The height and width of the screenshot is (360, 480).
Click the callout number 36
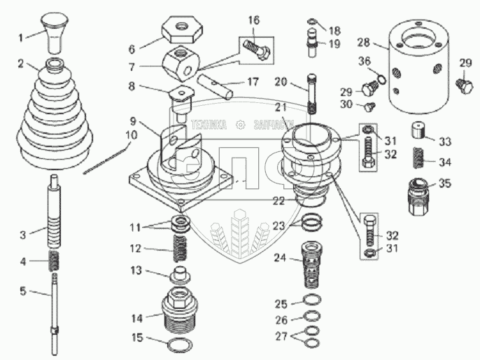362,62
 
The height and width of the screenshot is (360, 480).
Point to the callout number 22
280,201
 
